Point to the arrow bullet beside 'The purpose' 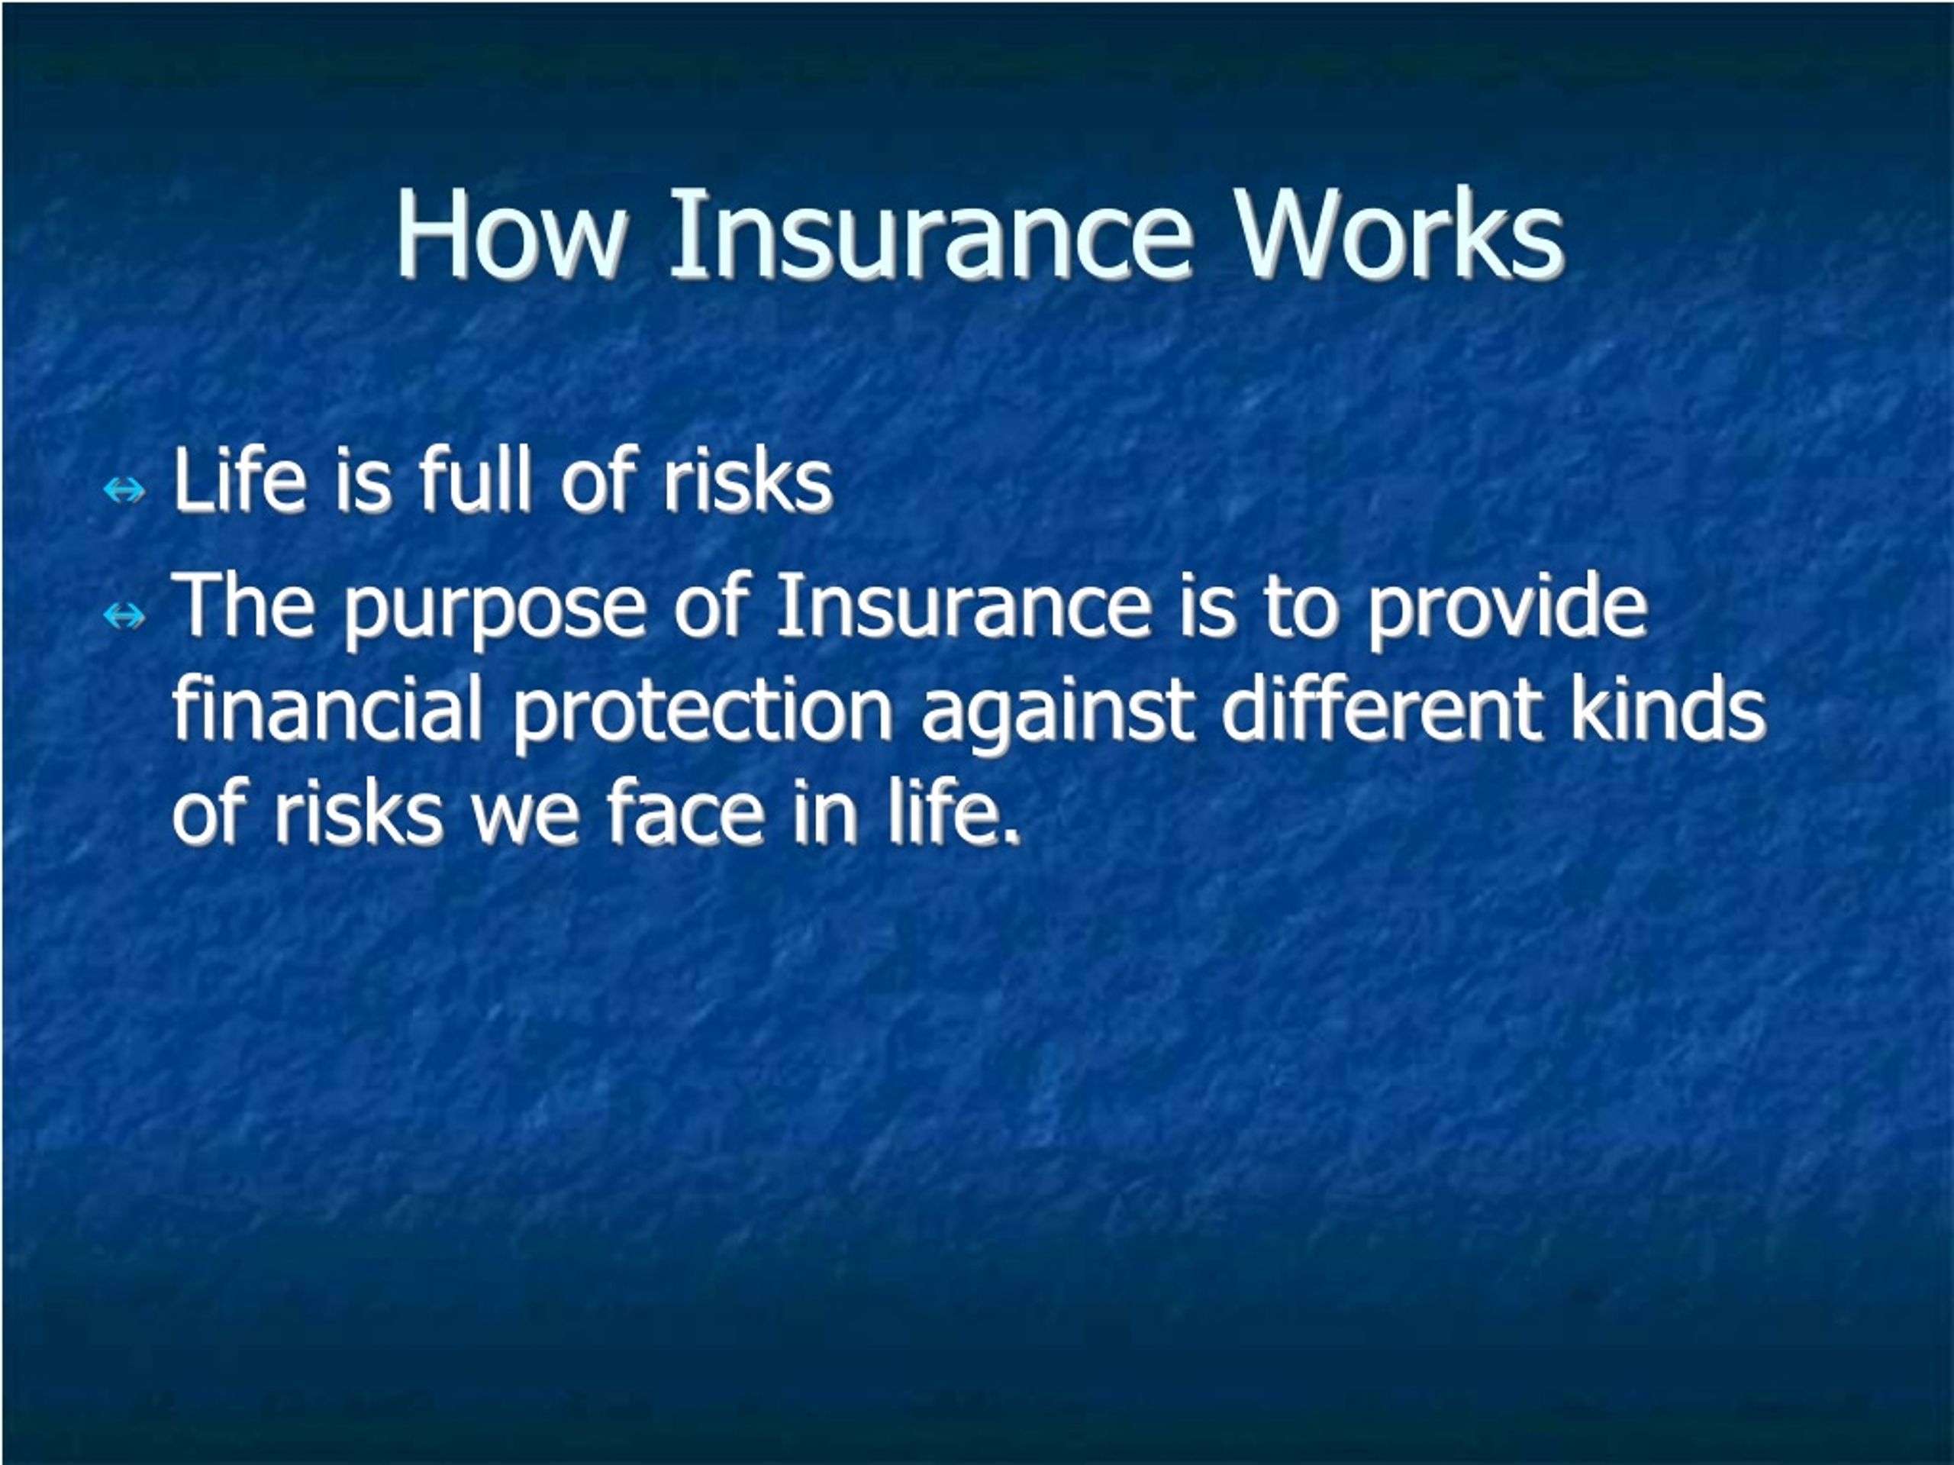click(124, 615)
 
